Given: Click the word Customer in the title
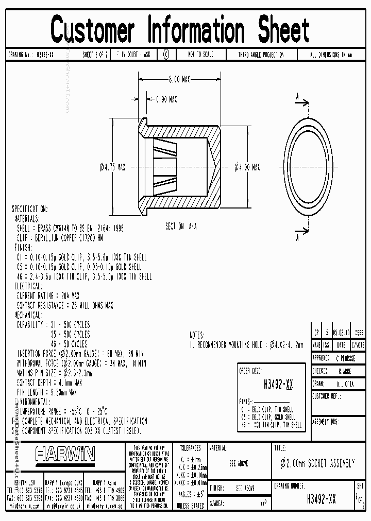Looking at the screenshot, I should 93,30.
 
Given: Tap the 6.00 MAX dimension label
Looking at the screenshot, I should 179,79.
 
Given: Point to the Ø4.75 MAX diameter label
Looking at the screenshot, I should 111,167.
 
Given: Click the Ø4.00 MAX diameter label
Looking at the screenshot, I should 247,167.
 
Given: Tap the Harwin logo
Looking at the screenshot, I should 65,454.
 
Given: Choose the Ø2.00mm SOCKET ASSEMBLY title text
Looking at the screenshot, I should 314,462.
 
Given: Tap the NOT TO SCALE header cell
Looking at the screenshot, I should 200,54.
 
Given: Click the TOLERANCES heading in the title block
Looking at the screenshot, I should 190,448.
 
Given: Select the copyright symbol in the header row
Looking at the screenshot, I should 166,54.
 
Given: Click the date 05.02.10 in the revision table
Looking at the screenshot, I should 341,333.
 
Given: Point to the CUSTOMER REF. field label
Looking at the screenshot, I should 327,396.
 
